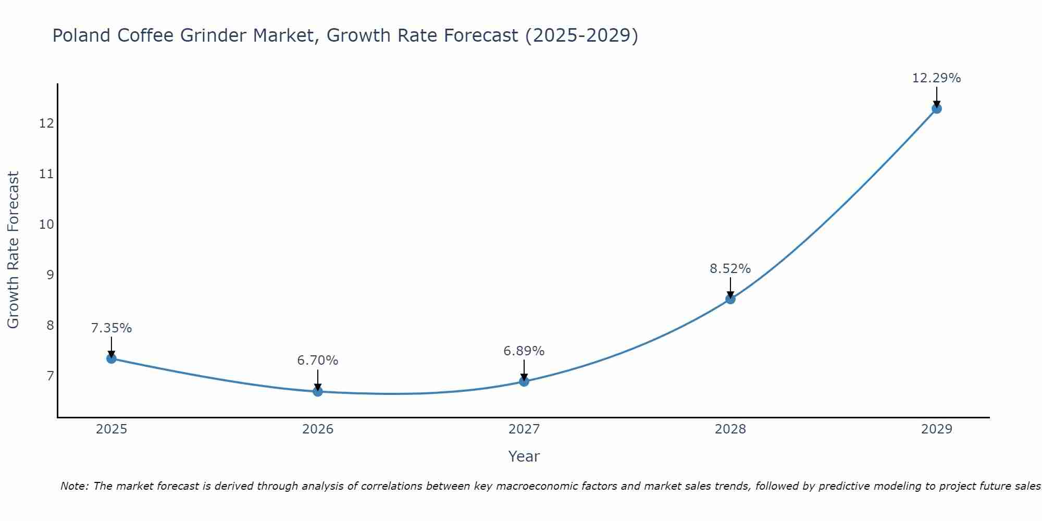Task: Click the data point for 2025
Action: point(111,358)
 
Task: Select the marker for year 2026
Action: point(318,391)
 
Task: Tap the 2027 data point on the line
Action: point(524,381)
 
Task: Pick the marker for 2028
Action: point(730,299)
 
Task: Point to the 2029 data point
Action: point(937,108)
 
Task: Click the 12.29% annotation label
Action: point(936,78)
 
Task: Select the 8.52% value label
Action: point(730,269)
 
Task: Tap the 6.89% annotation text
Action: point(524,351)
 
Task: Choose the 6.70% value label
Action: point(317,361)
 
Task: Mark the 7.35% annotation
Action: point(111,328)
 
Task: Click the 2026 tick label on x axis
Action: point(318,429)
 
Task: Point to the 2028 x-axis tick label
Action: point(730,429)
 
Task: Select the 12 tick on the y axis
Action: point(46,123)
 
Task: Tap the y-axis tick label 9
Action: point(50,275)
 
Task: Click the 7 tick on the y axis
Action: point(50,376)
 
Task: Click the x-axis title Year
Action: point(524,456)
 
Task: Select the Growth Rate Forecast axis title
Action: point(13,250)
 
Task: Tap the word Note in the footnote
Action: point(74,486)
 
